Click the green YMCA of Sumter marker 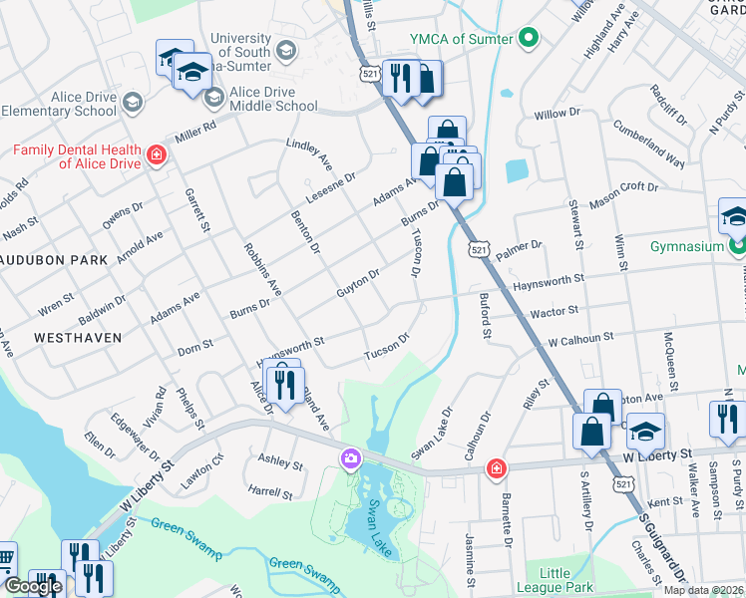(x=530, y=40)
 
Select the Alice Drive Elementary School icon (x=132, y=102)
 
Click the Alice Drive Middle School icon (x=213, y=98)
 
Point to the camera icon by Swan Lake (x=351, y=458)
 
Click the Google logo (x=33, y=586)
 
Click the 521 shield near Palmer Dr (x=480, y=246)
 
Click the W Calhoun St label (x=580, y=339)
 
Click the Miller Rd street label (x=195, y=130)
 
